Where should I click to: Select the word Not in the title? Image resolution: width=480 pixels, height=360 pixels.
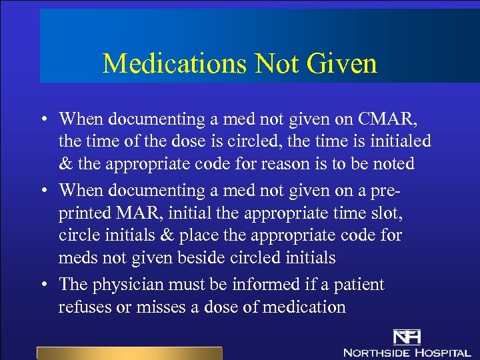click(279, 64)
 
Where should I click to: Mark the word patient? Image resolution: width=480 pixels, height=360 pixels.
click(356, 285)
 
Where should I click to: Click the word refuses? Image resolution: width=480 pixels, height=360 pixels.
click(83, 307)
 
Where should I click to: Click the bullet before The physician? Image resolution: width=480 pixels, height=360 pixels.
click(42, 285)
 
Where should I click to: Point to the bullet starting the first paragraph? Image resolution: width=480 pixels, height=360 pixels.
click(42, 120)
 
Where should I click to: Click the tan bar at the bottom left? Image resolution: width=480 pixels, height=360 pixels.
click(129, 353)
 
